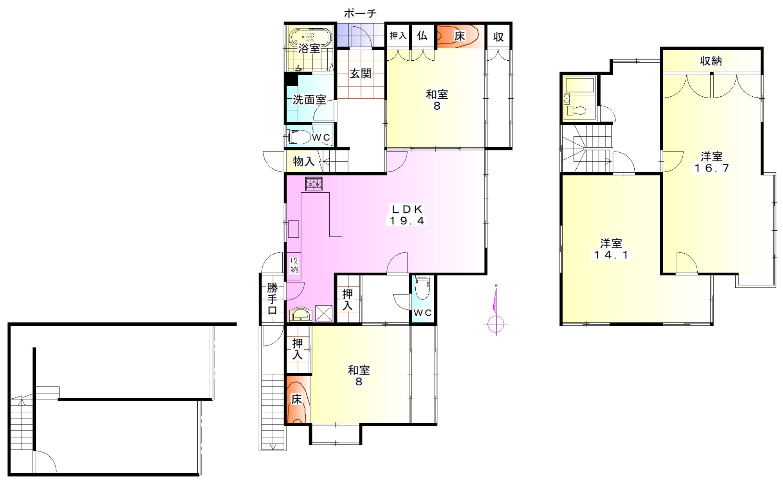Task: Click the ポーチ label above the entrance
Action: pyautogui.click(x=360, y=13)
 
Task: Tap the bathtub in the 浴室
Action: pyautogui.click(x=310, y=38)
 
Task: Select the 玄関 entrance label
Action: pyautogui.click(x=361, y=73)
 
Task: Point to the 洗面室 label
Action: pyautogui.click(x=309, y=100)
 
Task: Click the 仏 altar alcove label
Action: pyautogui.click(x=422, y=36)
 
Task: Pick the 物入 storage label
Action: pyautogui.click(x=304, y=161)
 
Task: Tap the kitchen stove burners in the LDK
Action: pyautogui.click(x=314, y=184)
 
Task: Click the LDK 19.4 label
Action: pyautogui.click(x=407, y=215)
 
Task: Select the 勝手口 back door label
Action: pyautogui.click(x=272, y=299)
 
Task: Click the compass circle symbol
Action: pyautogui.click(x=496, y=324)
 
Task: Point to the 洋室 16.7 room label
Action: pyautogui.click(x=711, y=162)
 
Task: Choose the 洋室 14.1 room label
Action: pyautogui.click(x=611, y=249)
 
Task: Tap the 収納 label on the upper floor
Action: pyautogui.click(x=711, y=61)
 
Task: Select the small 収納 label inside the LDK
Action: pyautogui.click(x=294, y=265)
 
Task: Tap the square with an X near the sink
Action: pyautogui.click(x=324, y=313)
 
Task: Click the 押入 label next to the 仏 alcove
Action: pyautogui.click(x=398, y=36)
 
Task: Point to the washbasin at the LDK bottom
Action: pyautogui.click(x=301, y=314)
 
